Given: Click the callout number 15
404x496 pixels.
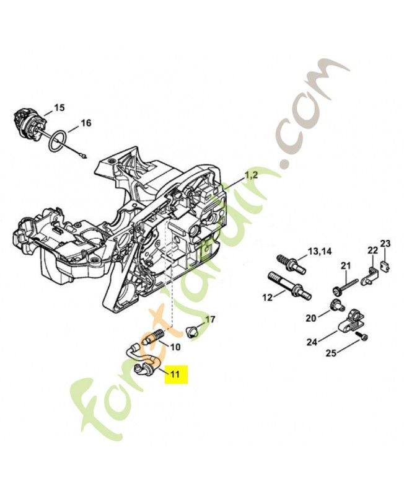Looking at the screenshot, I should tap(59, 108).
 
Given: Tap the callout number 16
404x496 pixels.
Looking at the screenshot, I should tap(86, 123).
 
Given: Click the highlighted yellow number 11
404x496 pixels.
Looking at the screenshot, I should tap(175, 374).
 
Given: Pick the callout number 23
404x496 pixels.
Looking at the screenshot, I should tap(385, 243).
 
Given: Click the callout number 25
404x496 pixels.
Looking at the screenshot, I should tap(332, 353).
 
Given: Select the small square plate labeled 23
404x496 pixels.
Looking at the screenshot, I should tap(383, 267).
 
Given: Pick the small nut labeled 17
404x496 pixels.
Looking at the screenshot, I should tap(192, 329).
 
